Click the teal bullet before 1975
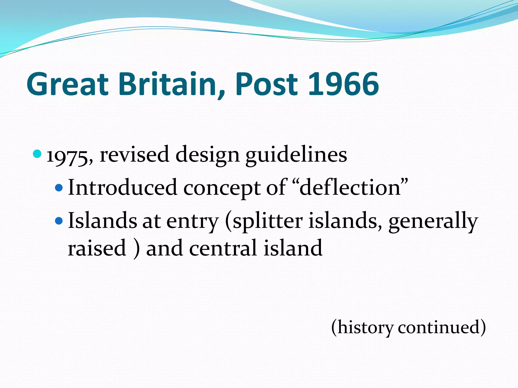point(37,154)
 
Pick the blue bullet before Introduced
point(59,188)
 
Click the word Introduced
point(122,187)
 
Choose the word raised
point(97,248)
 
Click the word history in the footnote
point(365,328)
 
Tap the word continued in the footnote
point(439,327)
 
